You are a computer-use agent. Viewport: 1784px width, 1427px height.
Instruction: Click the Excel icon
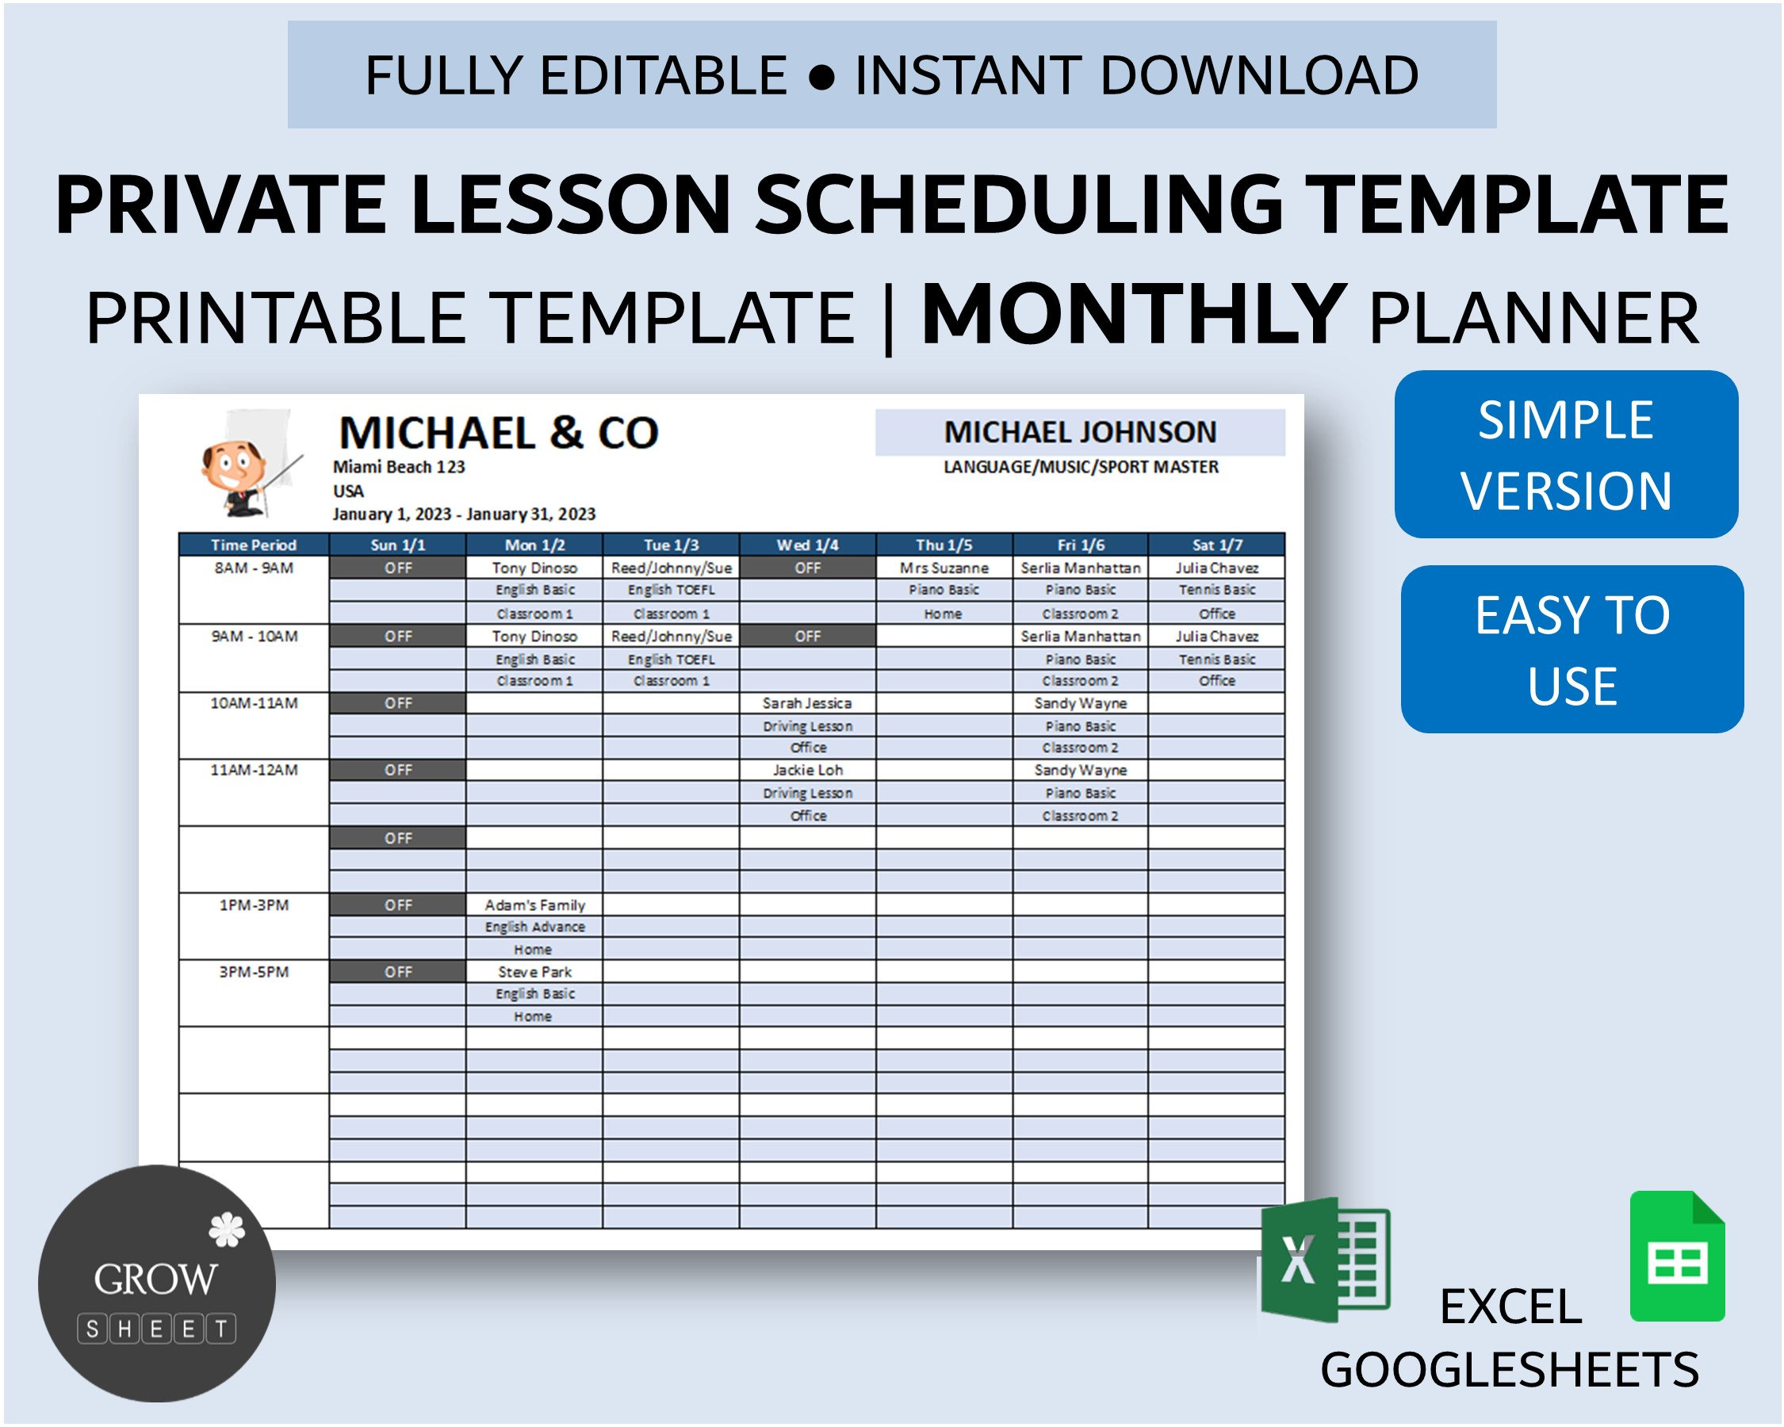click(1324, 1258)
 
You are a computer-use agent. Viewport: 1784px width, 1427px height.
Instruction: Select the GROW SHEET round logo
click(156, 1283)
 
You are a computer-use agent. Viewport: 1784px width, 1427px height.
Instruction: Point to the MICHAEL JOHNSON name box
click(1080, 432)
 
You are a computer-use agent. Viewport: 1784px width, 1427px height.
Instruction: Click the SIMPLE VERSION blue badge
click(1565, 454)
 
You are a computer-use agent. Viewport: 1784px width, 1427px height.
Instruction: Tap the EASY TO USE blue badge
click(1572, 649)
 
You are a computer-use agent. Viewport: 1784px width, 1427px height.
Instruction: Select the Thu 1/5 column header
click(944, 545)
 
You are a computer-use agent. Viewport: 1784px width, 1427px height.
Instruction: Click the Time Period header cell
click(253, 545)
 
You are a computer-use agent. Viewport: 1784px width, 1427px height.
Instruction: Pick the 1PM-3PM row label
click(253, 905)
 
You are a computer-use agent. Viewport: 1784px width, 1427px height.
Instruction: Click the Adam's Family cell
click(534, 905)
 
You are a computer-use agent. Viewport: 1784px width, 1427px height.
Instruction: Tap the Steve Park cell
click(534, 972)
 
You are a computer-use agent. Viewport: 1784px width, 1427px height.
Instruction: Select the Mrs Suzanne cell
click(944, 568)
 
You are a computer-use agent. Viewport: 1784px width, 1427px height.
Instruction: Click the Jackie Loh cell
click(808, 770)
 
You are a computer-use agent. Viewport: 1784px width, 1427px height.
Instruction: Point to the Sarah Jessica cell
click(808, 703)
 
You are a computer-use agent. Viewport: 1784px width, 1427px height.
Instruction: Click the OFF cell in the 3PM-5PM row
click(398, 972)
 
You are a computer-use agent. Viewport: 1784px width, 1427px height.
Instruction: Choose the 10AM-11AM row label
click(253, 703)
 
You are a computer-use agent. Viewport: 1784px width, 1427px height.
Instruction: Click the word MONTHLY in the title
click(1134, 316)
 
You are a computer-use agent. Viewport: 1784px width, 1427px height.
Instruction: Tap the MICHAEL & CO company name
click(498, 433)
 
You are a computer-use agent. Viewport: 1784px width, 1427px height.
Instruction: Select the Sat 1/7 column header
click(1216, 545)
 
